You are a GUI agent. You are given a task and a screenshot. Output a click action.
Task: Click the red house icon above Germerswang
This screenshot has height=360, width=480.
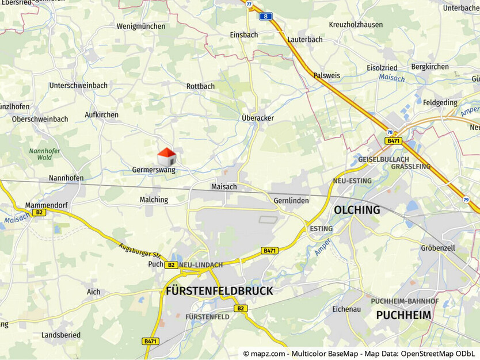click(x=166, y=156)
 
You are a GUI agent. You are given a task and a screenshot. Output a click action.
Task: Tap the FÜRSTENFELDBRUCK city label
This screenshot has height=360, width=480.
click(x=219, y=291)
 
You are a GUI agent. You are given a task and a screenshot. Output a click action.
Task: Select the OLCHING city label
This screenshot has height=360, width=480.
click(x=357, y=210)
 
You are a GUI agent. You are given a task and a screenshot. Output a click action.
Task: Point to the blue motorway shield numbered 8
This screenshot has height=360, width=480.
click(x=265, y=16)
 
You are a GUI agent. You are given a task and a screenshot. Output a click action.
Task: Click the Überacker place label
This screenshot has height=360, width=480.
click(x=257, y=118)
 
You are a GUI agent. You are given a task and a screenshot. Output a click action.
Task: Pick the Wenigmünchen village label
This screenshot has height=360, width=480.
click(x=141, y=26)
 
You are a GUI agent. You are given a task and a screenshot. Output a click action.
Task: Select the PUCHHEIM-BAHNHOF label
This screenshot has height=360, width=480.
click(x=405, y=301)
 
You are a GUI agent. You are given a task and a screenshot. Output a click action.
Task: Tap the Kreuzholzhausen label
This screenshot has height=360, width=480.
click(x=356, y=25)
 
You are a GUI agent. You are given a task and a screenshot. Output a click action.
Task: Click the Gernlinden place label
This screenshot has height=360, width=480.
click(x=291, y=201)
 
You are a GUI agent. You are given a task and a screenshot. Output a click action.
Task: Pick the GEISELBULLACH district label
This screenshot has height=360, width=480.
click(x=383, y=159)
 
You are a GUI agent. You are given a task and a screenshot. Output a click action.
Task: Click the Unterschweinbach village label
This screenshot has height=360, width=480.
click(x=78, y=86)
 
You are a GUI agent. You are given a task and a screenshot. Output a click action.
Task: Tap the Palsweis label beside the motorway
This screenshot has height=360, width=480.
click(x=326, y=75)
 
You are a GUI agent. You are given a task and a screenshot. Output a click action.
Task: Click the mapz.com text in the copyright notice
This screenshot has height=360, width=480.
click(x=268, y=354)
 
